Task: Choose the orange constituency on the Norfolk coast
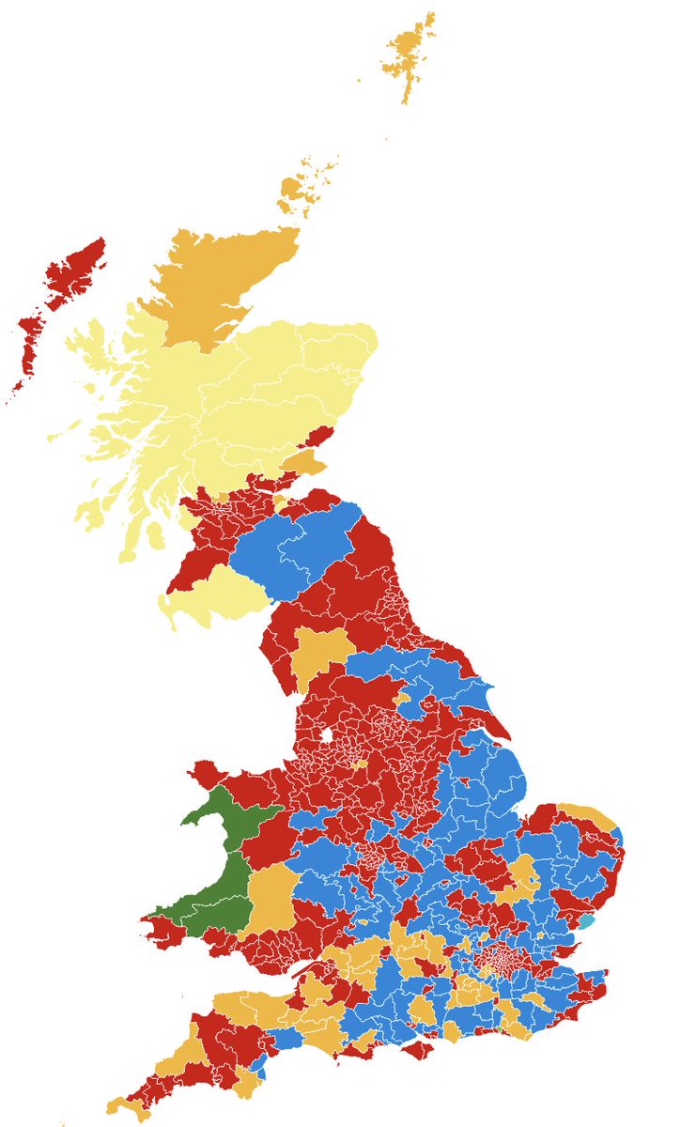coord(587,814)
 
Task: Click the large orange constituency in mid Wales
coord(271,897)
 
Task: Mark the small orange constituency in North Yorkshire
coord(403,700)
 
